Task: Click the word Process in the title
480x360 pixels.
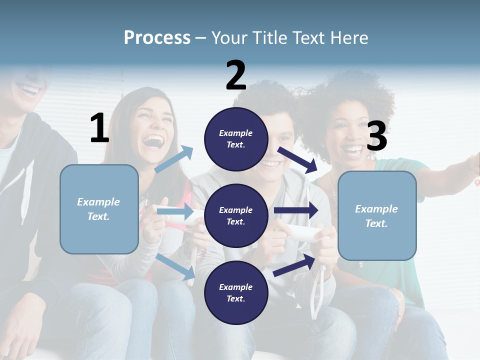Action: point(157,38)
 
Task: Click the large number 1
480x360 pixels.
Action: point(99,128)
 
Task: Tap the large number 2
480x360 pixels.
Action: point(236,75)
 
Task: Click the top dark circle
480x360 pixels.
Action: point(236,139)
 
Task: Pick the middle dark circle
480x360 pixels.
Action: point(236,215)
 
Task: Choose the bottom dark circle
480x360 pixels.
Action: point(236,292)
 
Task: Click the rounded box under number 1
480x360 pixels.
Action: point(99,209)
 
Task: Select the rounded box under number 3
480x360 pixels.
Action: point(377,215)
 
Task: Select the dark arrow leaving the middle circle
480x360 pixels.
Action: point(296,210)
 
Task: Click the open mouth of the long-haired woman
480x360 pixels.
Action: point(153,141)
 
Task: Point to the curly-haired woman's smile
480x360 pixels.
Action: point(353,149)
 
